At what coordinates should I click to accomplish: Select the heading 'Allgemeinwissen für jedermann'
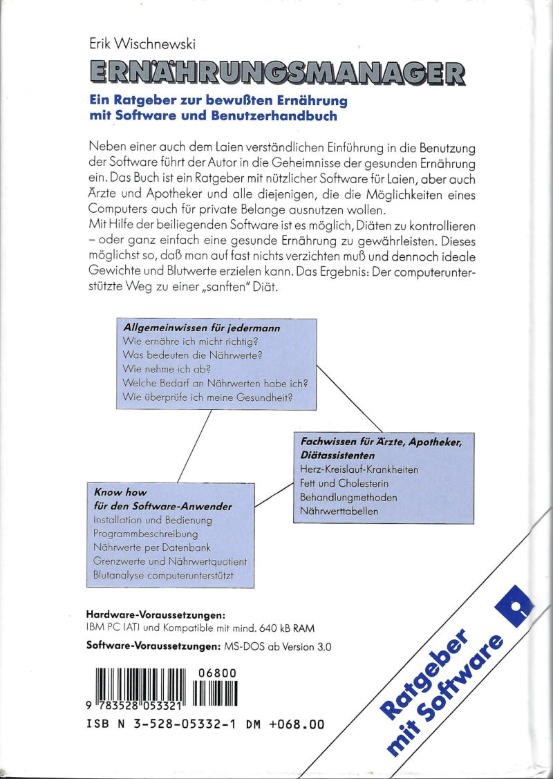point(201,328)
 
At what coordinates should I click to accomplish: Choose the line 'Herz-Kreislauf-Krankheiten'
point(359,469)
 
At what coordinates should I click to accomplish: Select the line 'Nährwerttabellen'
point(335,511)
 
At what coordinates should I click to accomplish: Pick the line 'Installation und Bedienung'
point(153,520)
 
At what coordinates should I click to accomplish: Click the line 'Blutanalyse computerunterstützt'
point(162,574)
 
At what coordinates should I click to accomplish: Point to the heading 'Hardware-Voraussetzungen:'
point(156,614)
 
